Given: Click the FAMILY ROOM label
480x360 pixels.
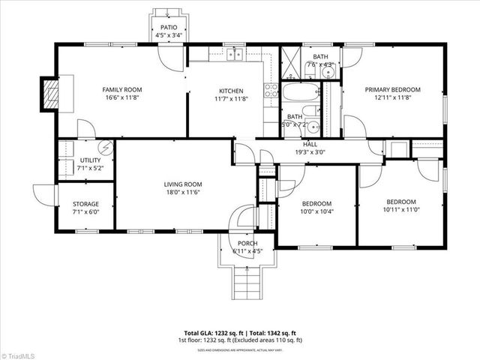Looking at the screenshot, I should [x=121, y=89].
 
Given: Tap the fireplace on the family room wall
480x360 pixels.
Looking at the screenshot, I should [x=51, y=94].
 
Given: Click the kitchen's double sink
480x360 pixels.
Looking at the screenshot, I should [x=235, y=54].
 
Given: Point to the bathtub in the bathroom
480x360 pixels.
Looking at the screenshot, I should [x=299, y=93].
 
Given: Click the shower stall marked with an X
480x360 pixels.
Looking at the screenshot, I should [x=291, y=58].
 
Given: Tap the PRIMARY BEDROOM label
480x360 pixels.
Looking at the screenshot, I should [x=392, y=89].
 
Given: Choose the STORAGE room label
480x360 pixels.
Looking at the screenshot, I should [x=85, y=203].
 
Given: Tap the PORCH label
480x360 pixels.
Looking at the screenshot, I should [x=247, y=244].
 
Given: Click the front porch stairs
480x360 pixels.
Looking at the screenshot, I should [x=248, y=285].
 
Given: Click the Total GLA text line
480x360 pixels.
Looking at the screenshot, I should [x=240, y=333].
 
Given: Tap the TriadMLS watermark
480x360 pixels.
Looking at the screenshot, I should [x=22, y=354].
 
